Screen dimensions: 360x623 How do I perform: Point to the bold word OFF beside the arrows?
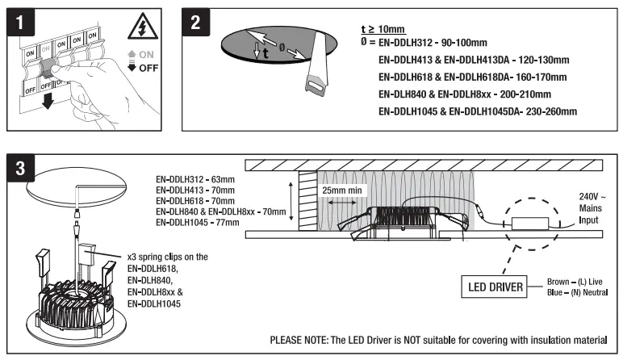tap(148, 69)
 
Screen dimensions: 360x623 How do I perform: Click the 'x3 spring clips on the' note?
tap(168, 257)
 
